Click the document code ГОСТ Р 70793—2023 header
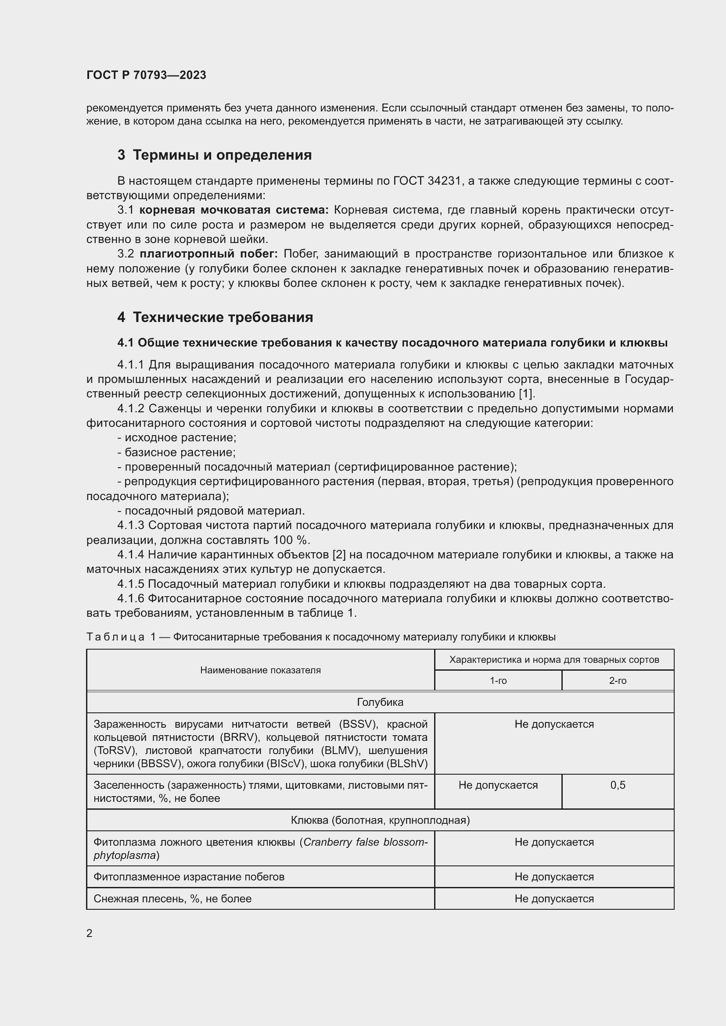click(x=146, y=75)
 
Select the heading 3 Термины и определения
click(x=215, y=155)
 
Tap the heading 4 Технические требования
click(x=215, y=317)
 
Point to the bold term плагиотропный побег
click(x=209, y=254)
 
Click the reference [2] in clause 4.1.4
click(x=338, y=554)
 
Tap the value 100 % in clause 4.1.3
click(x=291, y=540)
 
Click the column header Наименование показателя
click(x=260, y=670)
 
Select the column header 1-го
click(x=498, y=681)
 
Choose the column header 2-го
click(x=618, y=681)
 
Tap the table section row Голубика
click(x=380, y=702)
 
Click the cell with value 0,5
click(x=618, y=785)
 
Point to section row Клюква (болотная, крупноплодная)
click(x=380, y=820)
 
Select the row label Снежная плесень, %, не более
click(x=173, y=899)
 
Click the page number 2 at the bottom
click(x=90, y=933)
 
